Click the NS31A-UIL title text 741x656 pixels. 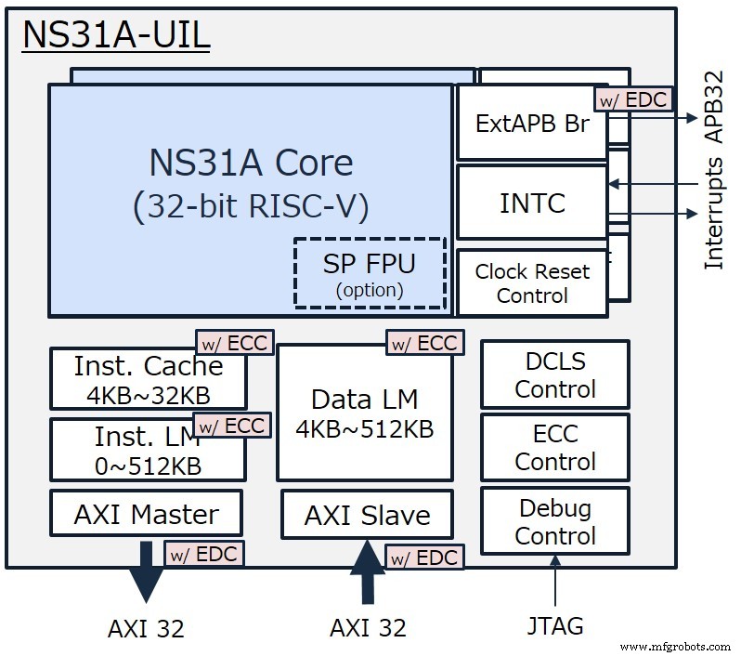pyautogui.click(x=116, y=35)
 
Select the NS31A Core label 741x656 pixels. pyautogui.click(x=251, y=164)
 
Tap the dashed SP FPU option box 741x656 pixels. pyautogui.click(x=370, y=273)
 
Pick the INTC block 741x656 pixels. pyautogui.click(x=532, y=202)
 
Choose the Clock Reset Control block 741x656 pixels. pyautogui.click(x=532, y=283)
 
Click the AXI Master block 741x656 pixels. pyautogui.click(x=146, y=514)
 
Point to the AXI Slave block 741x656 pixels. pyautogui.click(x=368, y=516)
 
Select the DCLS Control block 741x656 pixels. pyautogui.click(x=554, y=374)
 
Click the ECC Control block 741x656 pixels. pyautogui.click(x=554, y=447)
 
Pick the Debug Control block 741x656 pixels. pyautogui.click(x=554, y=521)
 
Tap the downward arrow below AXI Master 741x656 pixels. pyautogui.click(x=147, y=574)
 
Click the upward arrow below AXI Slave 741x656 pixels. pyautogui.click(x=368, y=571)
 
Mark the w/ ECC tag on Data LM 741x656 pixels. pyautogui.click(x=423, y=343)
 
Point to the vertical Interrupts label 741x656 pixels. pyautogui.click(x=713, y=213)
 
